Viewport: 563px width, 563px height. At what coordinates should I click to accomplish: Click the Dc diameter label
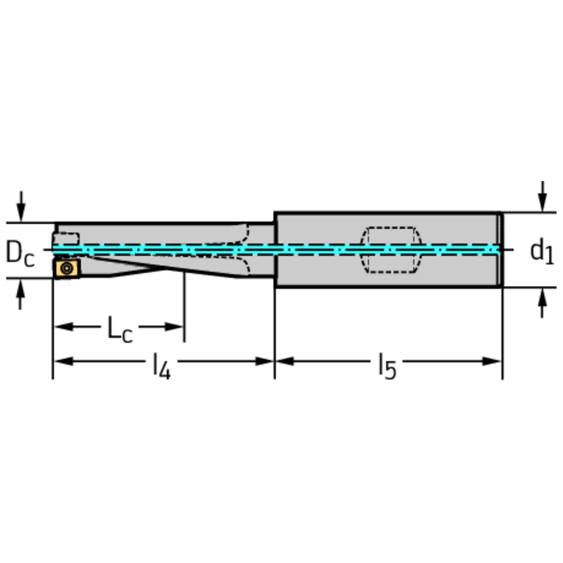click(x=20, y=253)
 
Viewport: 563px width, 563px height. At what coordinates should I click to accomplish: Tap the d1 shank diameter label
click(x=542, y=251)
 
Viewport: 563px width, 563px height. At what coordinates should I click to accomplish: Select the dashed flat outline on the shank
click(x=391, y=249)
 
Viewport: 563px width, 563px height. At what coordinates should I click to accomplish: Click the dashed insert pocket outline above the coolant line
click(x=67, y=239)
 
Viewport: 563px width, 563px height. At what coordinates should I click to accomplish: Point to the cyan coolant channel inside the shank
click(x=383, y=250)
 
